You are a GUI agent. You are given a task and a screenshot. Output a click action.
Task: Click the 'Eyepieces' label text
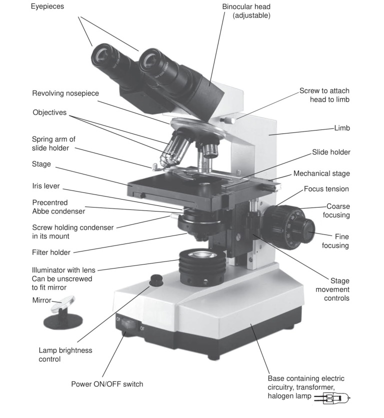click(x=47, y=7)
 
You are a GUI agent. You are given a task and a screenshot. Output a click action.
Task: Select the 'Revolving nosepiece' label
click(x=65, y=93)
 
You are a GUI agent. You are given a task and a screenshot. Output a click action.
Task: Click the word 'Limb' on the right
click(x=342, y=128)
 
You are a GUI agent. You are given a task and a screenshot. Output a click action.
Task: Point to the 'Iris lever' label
click(x=46, y=186)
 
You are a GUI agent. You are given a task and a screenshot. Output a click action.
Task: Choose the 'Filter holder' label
click(x=51, y=252)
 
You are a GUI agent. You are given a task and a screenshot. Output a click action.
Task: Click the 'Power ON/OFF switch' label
click(x=107, y=384)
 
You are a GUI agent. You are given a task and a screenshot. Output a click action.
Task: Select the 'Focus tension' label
click(x=326, y=189)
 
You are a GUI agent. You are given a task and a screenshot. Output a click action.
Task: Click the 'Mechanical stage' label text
click(x=321, y=173)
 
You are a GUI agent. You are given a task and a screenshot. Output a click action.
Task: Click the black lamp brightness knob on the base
click(x=156, y=279)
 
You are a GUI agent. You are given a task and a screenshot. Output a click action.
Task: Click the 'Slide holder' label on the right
click(x=331, y=152)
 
